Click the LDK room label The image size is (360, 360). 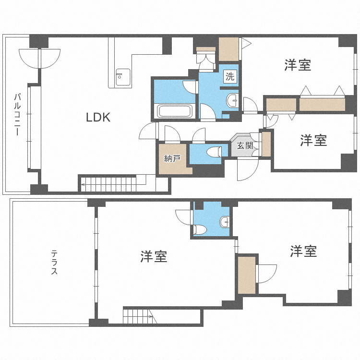click(x=98, y=117)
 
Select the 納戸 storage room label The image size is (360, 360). click(x=172, y=158)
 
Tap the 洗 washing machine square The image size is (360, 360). click(x=230, y=76)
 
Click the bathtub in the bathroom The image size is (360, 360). click(x=175, y=111)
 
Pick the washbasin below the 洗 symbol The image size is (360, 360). click(x=232, y=101)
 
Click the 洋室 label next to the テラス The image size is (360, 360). click(x=154, y=257)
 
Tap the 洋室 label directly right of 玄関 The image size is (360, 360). click(x=313, y=141)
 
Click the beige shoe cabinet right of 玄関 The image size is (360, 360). click(x=265, y=144)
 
